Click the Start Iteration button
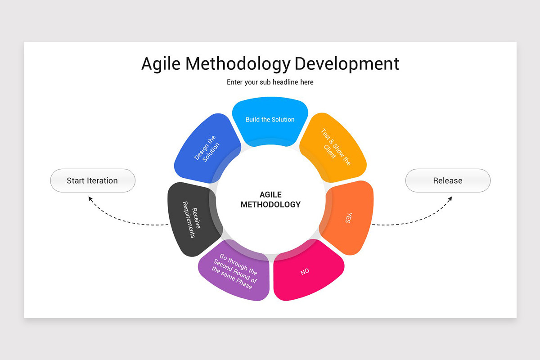click(x=92, y=180)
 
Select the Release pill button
click(x=448, y=180)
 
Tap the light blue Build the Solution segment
click(x=270, y=120)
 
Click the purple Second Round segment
click(x=235, y=271)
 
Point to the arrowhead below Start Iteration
click(x=90, y=198)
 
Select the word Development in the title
click(x=346, y=63)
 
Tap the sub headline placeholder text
click(x=270, y=82)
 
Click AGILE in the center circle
click(x=270, y=194)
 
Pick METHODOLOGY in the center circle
click(x=270, y=204)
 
